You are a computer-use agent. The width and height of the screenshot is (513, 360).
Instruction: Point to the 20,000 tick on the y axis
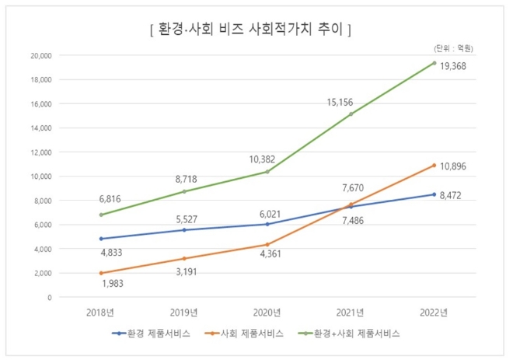coord(40,56)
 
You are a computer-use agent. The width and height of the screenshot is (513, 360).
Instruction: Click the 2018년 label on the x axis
coord(101,313)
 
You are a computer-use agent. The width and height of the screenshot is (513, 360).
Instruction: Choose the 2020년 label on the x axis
coord(267,313)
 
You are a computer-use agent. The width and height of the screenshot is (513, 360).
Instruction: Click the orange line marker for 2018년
coord(101,273)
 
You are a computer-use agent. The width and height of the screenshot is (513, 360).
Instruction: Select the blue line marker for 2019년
coord(184,230)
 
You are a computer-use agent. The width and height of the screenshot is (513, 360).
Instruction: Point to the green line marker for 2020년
coord(267,172)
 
